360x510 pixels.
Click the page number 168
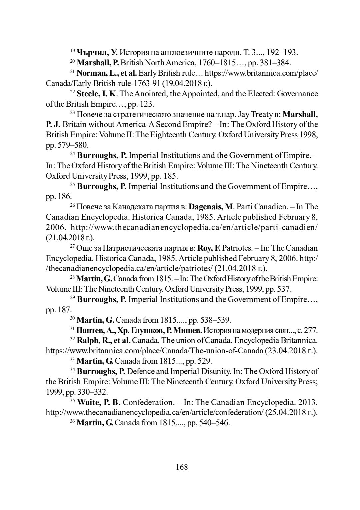pos(182,467)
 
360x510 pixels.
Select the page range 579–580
pos(73,145)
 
